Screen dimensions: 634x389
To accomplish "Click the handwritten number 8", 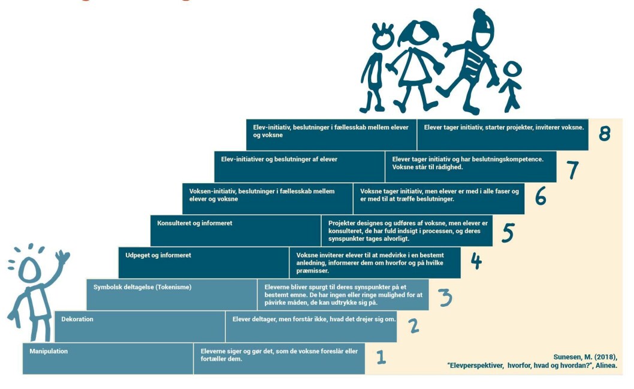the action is (x=605, y=133).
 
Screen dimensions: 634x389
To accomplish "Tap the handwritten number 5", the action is (x=508, y=232).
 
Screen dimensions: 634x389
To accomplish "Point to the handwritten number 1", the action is (x=381, y=357).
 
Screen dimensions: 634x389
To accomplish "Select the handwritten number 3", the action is (x=445, y=298).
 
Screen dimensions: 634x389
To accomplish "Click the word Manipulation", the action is (x=49, y=351).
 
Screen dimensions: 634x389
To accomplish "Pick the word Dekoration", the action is (x=77, y=319).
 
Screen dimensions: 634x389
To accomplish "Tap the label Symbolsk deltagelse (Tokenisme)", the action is (x=143, y=288).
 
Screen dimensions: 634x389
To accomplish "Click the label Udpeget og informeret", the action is (x=158, y=255).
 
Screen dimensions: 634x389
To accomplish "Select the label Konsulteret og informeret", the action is (x=195, y=223).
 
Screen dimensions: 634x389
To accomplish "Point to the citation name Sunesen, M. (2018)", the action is (x=585, y=357).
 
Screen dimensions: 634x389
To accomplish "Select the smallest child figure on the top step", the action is (x=511, y=86).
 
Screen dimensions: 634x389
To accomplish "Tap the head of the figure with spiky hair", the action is (x=382, y=37).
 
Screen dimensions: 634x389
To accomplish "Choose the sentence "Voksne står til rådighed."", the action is (x=427, y=167).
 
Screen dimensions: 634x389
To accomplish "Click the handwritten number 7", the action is (x=572, y=170).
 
